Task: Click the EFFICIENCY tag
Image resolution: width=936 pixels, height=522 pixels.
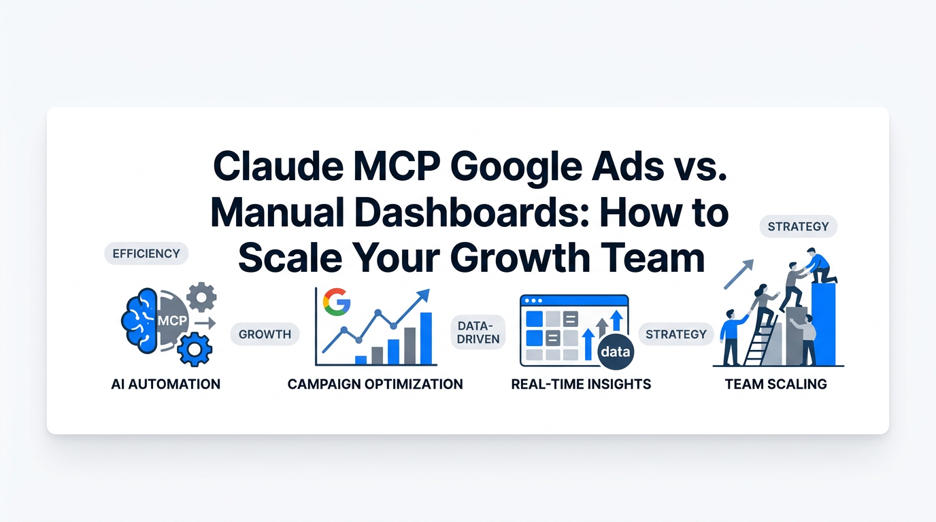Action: coord(146,254)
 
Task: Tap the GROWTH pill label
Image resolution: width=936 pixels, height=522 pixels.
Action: coord(265,334)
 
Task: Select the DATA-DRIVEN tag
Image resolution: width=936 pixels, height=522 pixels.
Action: coord(478,332)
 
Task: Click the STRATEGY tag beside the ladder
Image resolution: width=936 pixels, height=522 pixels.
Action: coord(675,334)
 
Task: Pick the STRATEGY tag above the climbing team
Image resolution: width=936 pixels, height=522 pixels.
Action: coord(798,226)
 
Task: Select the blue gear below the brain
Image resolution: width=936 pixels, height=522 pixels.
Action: coord(195,349)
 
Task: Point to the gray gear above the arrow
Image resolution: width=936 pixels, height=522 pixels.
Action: coord(201,297)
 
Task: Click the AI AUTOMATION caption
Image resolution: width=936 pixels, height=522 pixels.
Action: coord(165,384)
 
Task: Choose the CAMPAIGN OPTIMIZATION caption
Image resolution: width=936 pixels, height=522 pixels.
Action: coord(375,384)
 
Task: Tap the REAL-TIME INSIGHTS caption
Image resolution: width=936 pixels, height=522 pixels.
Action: coord(581,384)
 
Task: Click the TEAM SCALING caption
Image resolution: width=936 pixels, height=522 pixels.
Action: coord(775,384)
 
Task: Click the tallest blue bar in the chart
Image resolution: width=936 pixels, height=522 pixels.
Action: coord(427,338)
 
